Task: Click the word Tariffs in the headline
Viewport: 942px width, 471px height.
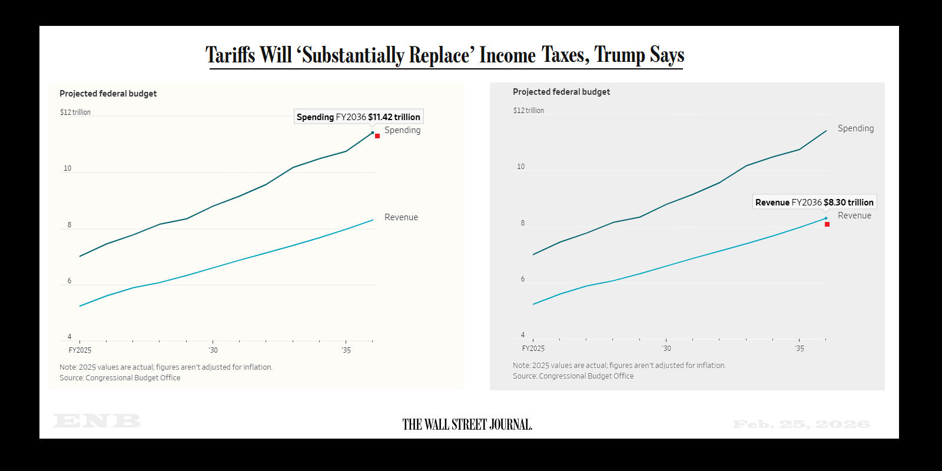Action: coord(230,55)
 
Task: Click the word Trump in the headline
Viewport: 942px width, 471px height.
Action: coord(619,55)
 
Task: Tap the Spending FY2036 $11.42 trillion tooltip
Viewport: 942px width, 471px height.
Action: coord(359,117)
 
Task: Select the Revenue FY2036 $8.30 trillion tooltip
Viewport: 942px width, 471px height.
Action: coord(814,202)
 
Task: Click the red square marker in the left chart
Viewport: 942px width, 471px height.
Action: coord(377,136)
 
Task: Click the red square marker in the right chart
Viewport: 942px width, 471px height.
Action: coord(827,224)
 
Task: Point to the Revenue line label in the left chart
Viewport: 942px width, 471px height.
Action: coord(401,217)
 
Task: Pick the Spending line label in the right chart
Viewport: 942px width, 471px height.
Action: coord(855,128)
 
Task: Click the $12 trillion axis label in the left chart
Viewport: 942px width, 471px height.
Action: coord(75,112)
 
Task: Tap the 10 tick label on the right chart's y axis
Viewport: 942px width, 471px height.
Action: coord(520,167)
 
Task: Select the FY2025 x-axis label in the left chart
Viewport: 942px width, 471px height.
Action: coord(80,350)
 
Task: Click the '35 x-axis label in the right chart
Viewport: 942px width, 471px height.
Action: coord(799,349)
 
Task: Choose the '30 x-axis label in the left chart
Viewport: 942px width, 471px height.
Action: coord(213,350)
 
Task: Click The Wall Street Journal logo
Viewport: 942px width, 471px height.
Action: coord(467,424)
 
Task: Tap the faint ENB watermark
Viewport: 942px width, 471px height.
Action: coord(97,421)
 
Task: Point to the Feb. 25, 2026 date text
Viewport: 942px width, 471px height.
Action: coord(801,424)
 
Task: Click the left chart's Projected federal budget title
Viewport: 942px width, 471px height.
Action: coord(108,94)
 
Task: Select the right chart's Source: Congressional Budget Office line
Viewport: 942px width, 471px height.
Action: coord(573,376)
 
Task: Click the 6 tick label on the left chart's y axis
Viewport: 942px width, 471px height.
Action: coord(69,281)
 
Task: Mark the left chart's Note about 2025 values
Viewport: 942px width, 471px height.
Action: coord(165,367)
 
